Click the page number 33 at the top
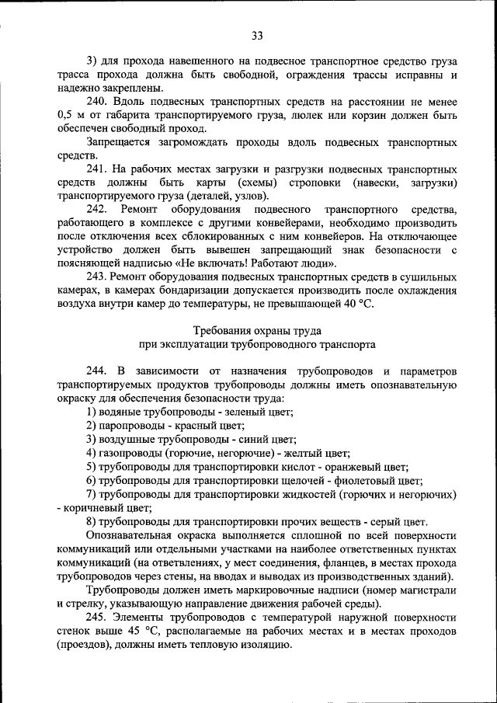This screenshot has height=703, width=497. [x=257, y=34]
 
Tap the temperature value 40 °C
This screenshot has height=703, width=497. [x=358, y=305]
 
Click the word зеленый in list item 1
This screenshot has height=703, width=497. [x=247, y=412]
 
